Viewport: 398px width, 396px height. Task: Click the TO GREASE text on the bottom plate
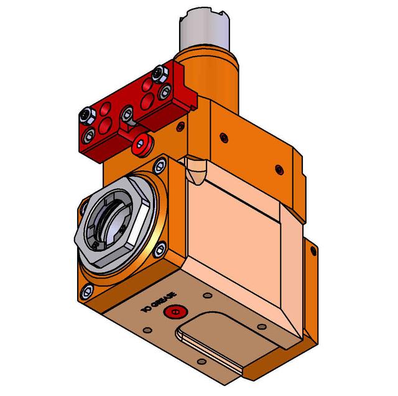coord(159,302)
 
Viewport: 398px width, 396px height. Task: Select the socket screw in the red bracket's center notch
coord(127,114)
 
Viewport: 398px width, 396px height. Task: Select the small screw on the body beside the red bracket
coord(180,127)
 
